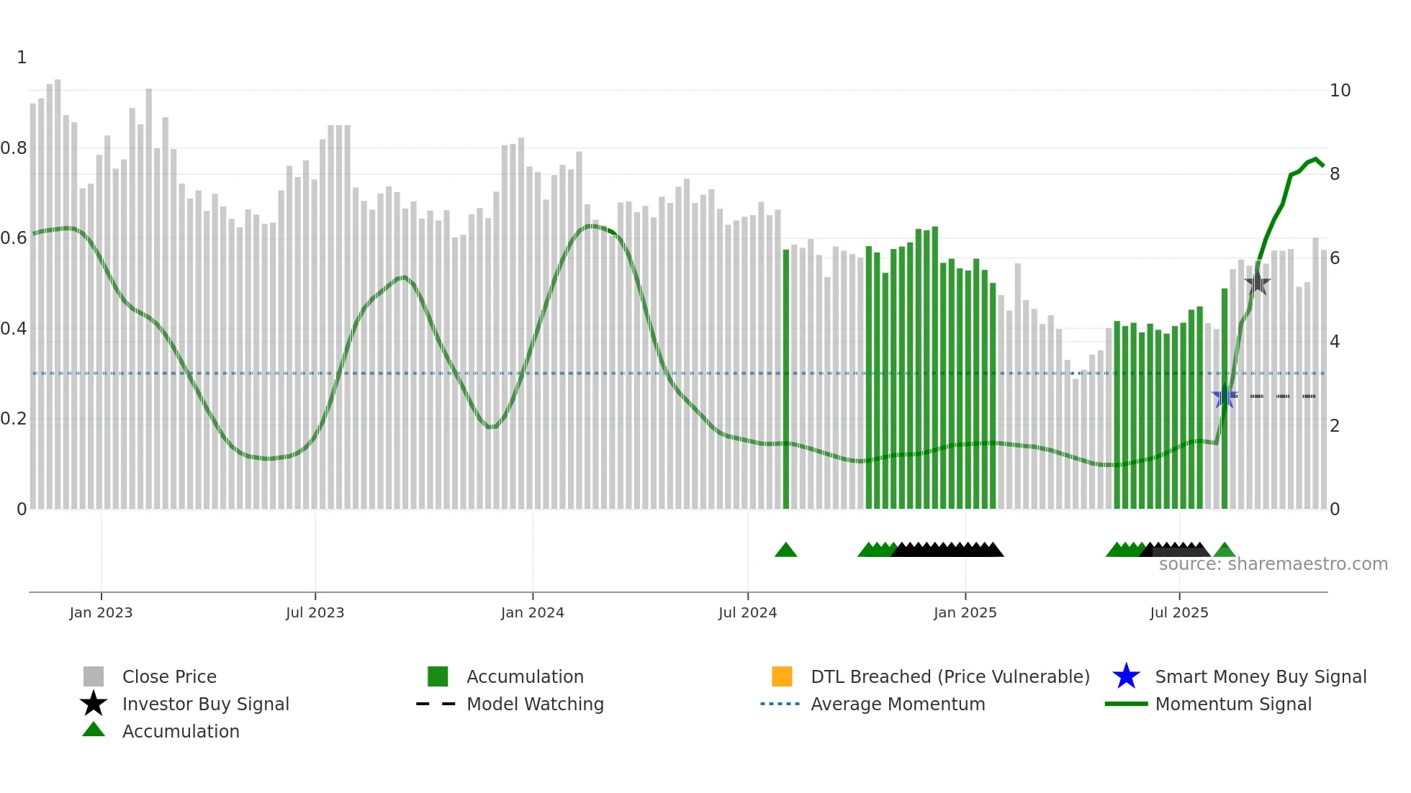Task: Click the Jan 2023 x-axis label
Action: (101, 612)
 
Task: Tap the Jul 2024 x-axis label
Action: (747, 612)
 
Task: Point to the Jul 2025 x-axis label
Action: (1178, 612)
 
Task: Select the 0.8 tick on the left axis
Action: (14, 148)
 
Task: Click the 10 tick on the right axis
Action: (1339, 91)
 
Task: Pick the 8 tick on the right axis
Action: (1334, 174)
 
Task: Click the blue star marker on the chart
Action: (1224, 396)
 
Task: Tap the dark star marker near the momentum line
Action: (1257, 283)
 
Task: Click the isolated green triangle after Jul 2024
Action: (785, 550)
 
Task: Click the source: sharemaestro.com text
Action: (1273, 564)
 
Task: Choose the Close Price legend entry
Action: (169, 676)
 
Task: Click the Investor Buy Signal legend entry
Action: (205, 704)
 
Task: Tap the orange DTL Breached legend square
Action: (781, 676)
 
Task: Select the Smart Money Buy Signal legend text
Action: (1260, 676)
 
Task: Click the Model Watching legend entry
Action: (534, 704)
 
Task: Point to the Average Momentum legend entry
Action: (897, 704)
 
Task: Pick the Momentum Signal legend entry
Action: (1232, 704)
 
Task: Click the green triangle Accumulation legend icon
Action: (94, 730)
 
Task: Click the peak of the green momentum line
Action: (1315, 159)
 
